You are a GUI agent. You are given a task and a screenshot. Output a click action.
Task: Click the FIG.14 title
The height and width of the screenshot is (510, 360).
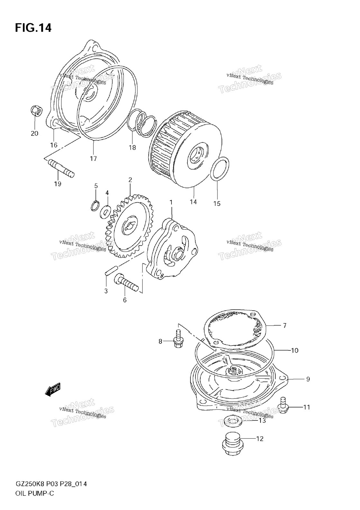point(33,28)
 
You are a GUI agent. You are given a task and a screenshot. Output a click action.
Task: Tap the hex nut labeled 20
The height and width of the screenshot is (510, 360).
point(36,111)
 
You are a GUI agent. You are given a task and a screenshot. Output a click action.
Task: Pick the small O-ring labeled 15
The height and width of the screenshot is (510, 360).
point(220,169)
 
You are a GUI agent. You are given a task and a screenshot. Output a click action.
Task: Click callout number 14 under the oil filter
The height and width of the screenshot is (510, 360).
point(193,202)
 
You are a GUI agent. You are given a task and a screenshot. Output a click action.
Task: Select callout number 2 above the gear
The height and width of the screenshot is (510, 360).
point(130,180)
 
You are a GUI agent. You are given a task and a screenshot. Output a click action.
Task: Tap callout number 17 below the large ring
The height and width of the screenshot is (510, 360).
point(93,158)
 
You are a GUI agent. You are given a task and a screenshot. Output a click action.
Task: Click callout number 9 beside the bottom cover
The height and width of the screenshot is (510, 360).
point(308,379)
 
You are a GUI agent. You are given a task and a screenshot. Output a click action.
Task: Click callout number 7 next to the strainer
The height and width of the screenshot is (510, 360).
point(284,325)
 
